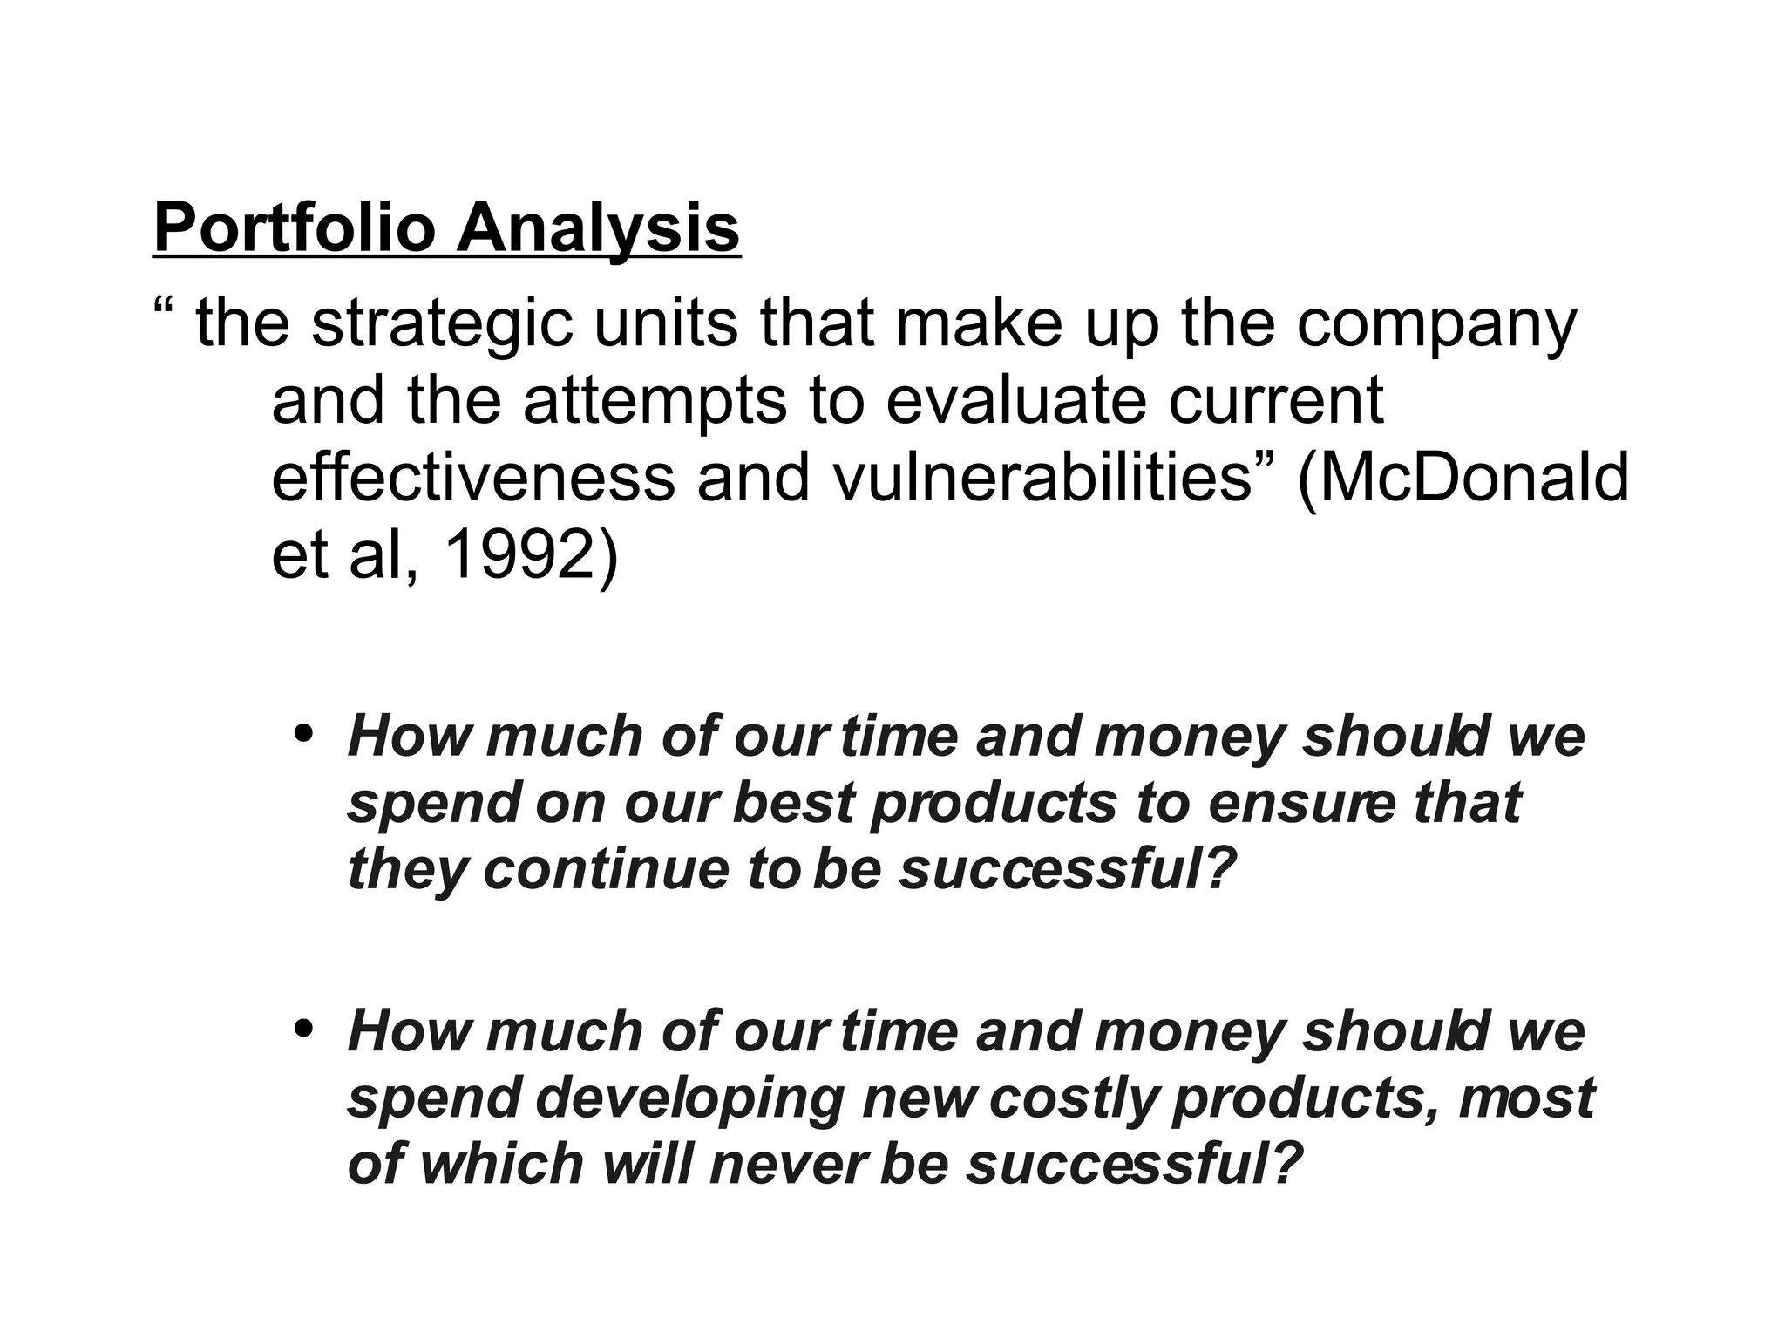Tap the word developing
(x=689, y=1098)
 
